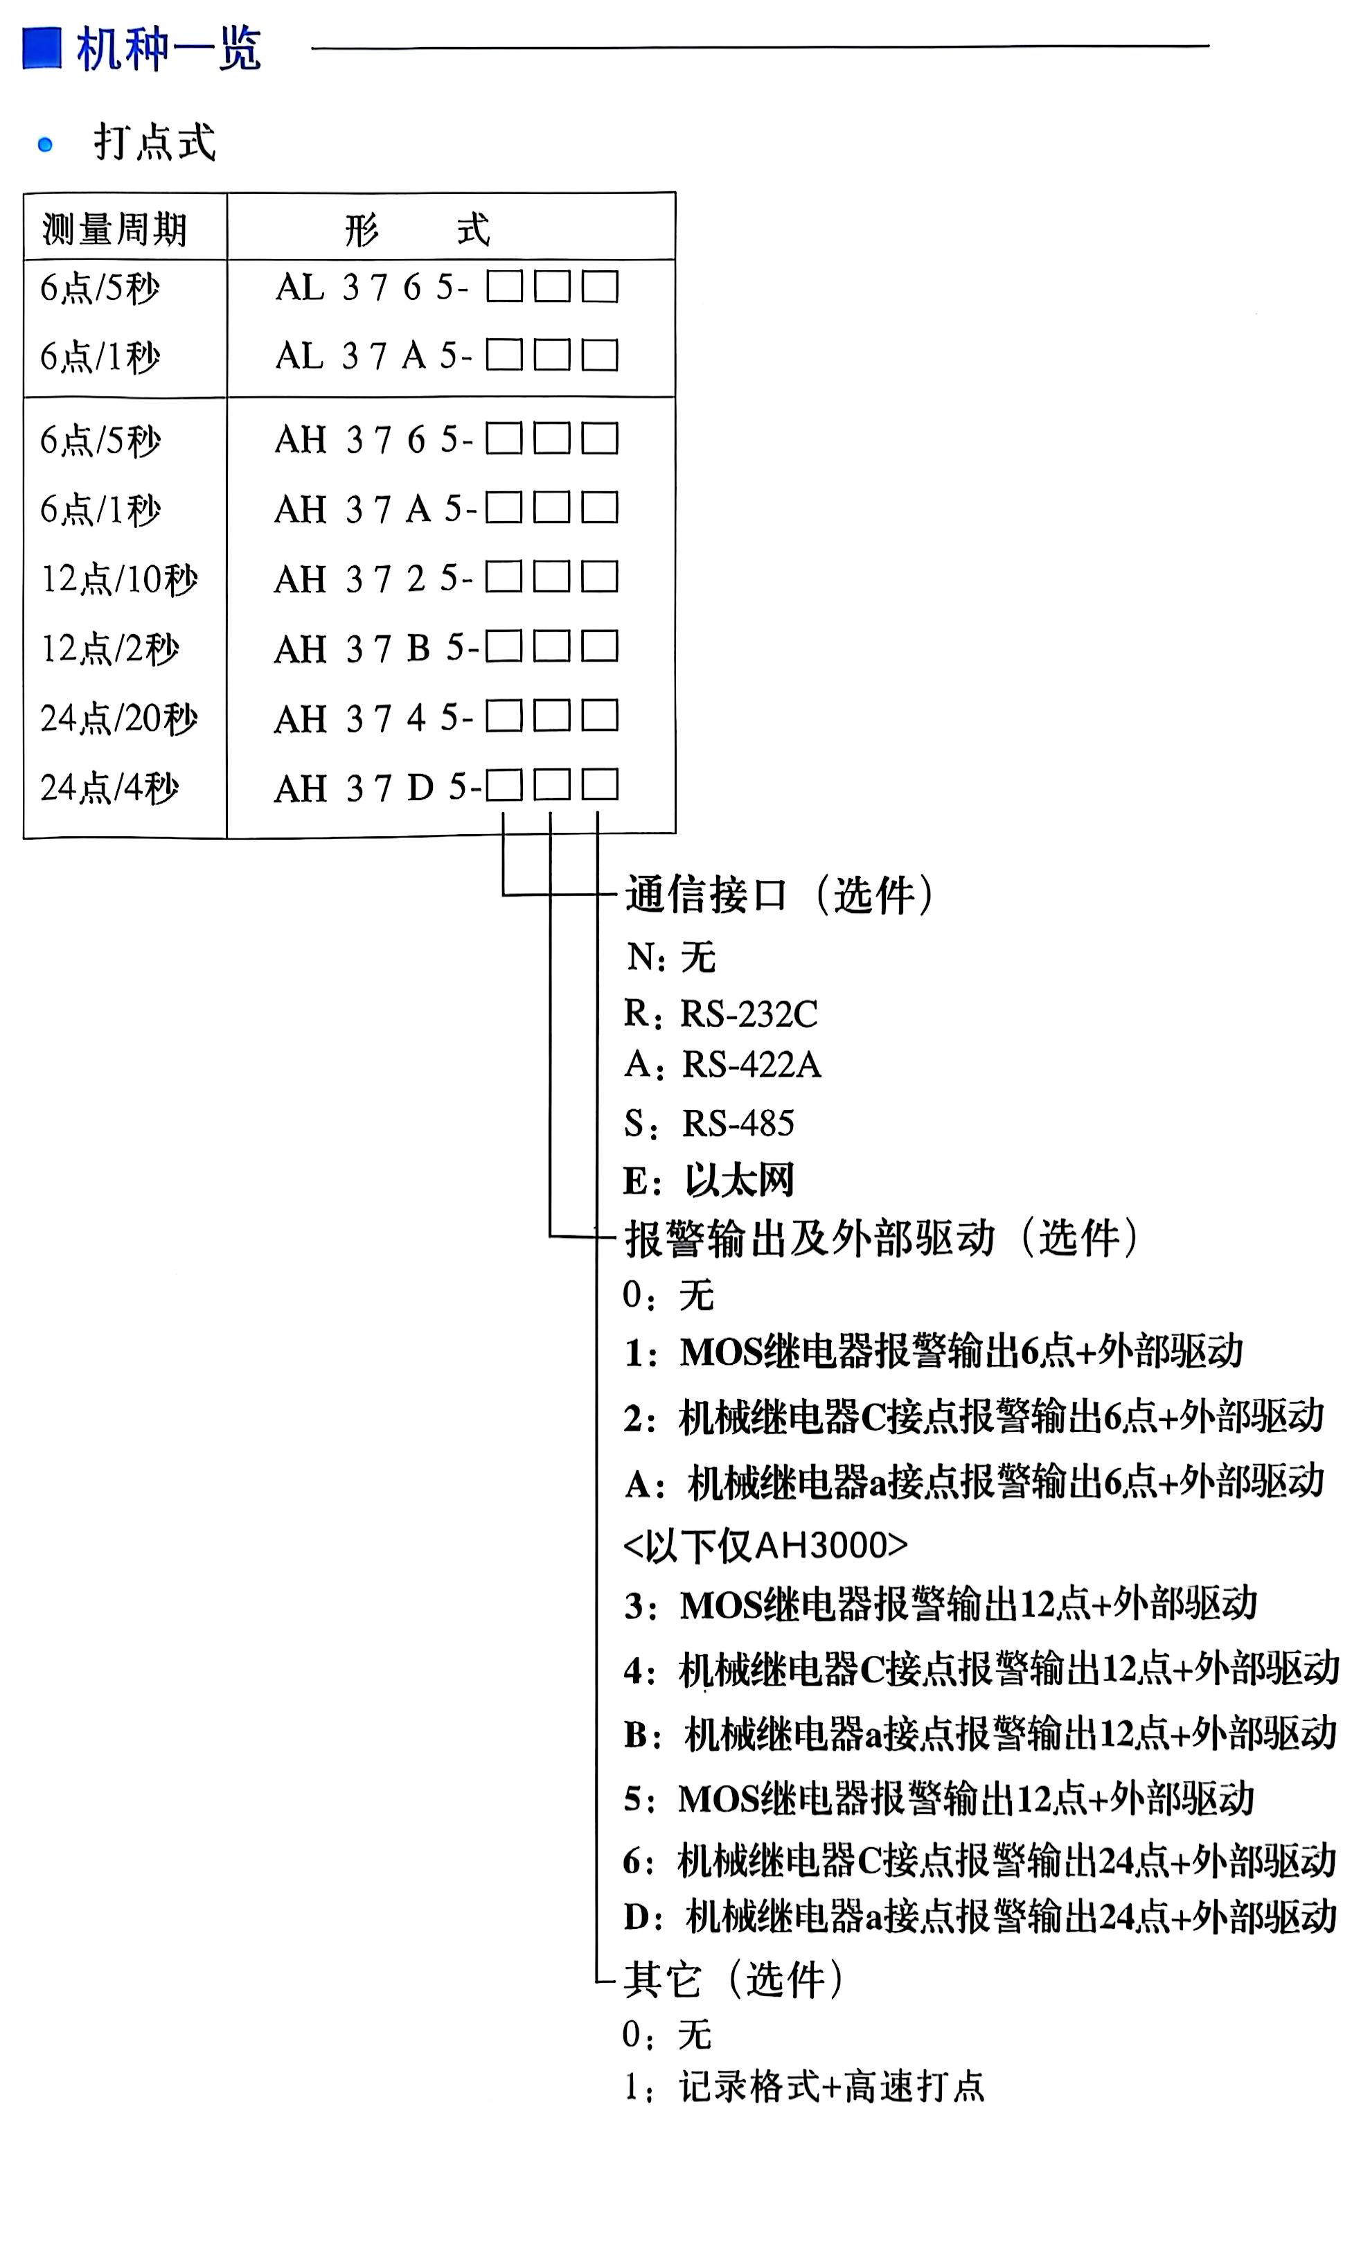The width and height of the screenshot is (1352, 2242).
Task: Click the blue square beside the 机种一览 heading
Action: pos(42,48)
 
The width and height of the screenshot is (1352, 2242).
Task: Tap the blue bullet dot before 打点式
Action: pos(44,144)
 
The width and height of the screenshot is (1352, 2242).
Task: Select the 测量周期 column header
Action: pos(115,229)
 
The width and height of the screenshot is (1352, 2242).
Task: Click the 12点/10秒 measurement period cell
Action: pos(119,579)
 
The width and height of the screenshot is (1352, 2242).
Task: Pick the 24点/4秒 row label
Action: pos(109,788)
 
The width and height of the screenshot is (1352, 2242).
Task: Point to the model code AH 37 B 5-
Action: pos(374,648)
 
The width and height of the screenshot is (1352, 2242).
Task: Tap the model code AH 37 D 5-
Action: pos(377,788)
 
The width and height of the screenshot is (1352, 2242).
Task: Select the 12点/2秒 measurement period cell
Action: pos(110,648)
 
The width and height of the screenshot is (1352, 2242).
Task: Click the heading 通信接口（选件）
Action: pos(779,895)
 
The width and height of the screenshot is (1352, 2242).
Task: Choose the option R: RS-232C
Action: pos(720,1014)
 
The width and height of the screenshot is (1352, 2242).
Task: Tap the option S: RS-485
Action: pos(709,1124)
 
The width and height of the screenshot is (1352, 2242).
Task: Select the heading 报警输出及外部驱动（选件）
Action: pos(881,1238)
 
